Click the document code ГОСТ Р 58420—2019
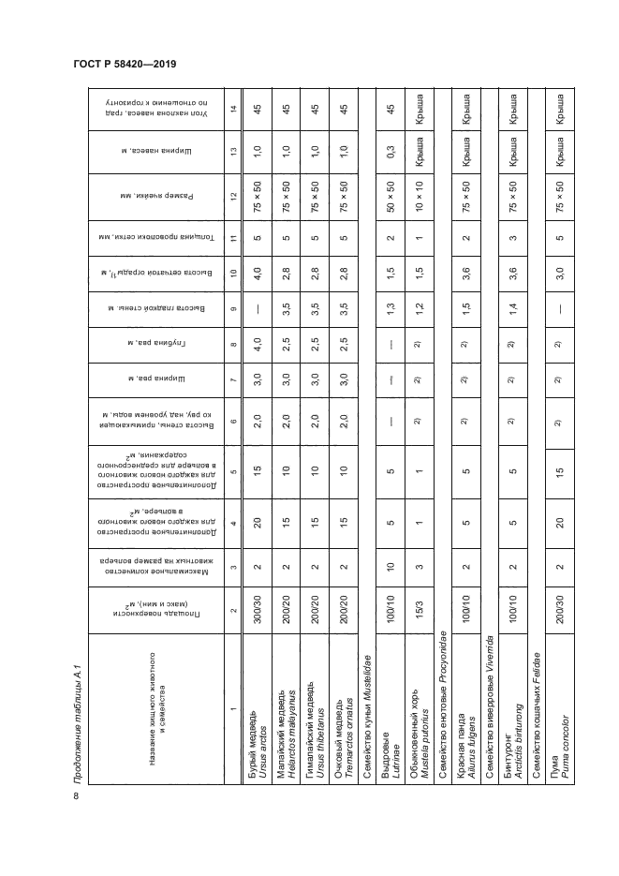point(125,65)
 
